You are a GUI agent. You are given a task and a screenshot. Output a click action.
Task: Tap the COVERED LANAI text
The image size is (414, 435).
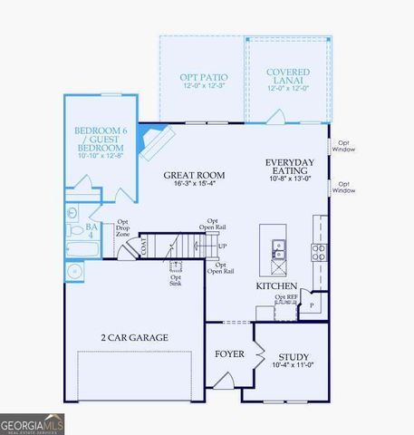pos(288,77)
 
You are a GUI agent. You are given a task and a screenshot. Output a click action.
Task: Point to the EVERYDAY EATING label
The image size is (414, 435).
pos(290,167)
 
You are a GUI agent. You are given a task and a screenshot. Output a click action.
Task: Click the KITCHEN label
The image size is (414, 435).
pos(277,285)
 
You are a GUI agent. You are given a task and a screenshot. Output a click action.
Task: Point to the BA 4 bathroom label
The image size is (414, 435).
pos(91,231)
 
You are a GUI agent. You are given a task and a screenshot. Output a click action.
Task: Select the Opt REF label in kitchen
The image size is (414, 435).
pos(286,297)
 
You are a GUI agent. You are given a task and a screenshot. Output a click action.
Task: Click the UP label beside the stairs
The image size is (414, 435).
pos(223,246)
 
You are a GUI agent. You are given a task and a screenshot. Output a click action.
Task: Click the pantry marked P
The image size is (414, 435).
pos(313,305)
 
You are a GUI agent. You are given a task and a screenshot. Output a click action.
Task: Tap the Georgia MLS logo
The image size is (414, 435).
pos(33,423)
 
